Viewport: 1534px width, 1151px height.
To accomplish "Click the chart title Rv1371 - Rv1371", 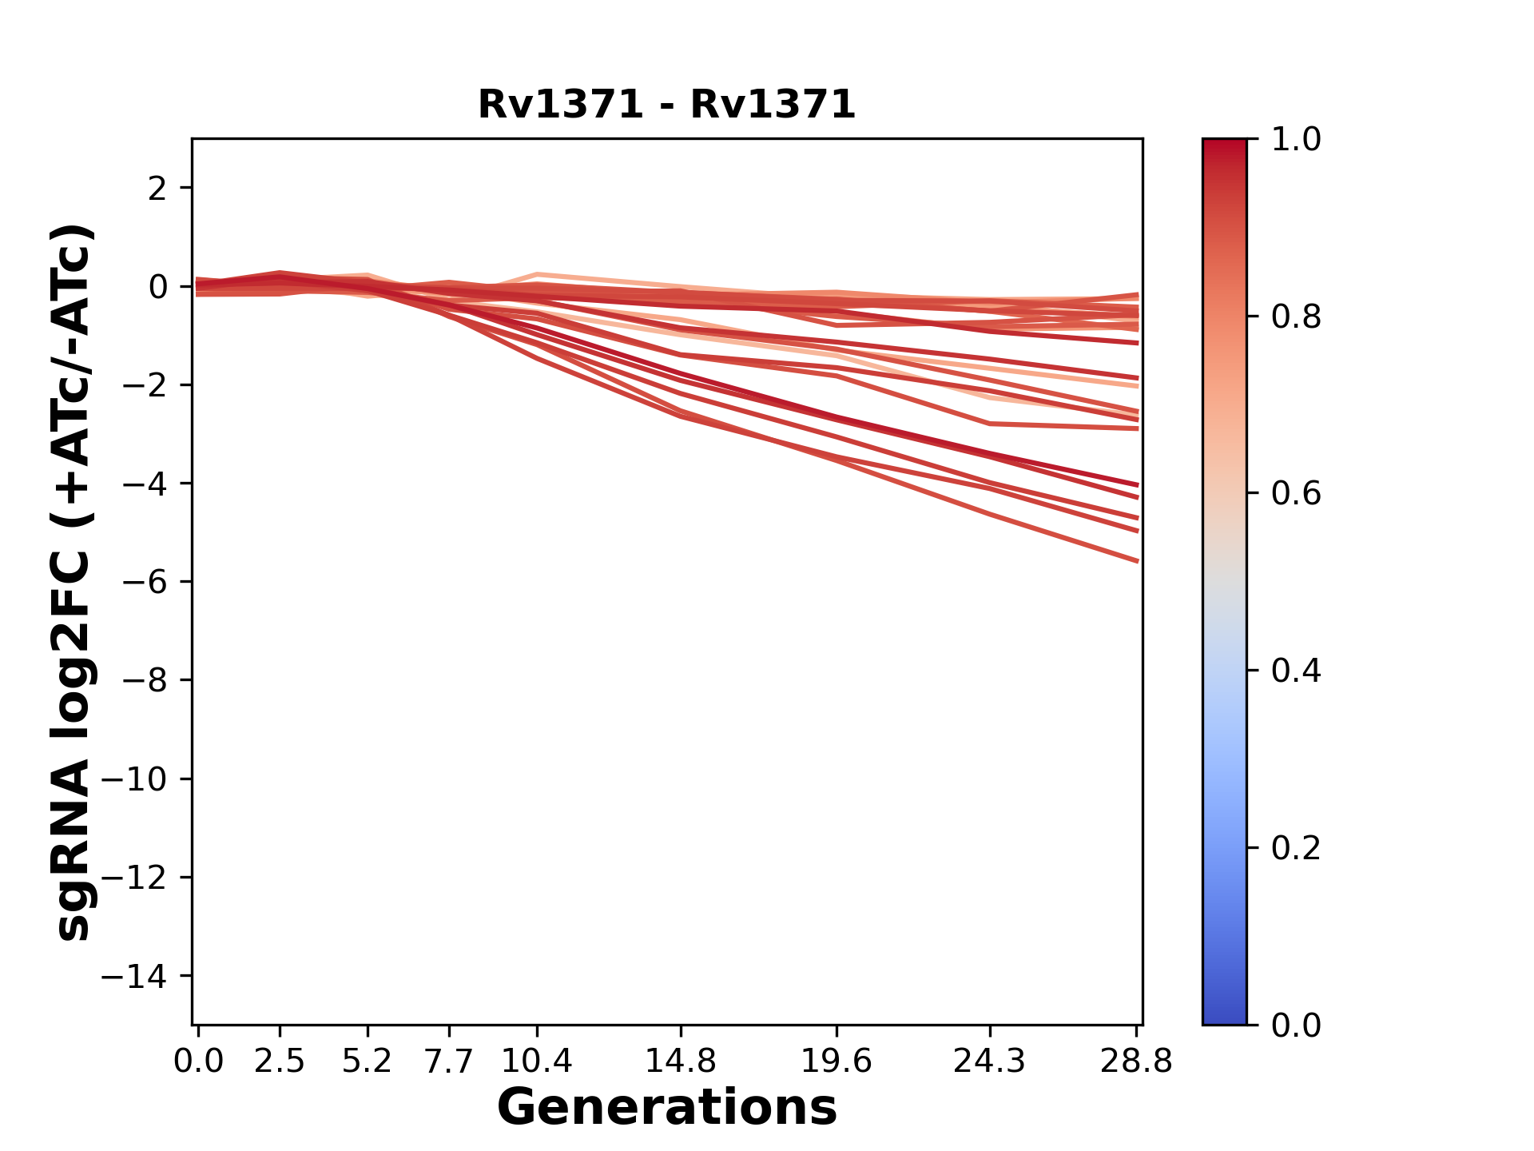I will click(666, 105).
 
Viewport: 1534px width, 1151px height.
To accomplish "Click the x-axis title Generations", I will click(667, 1108).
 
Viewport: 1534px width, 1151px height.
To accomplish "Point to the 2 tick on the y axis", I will click(157, 189).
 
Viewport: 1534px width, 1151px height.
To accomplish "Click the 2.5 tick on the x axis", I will click(280, 1061).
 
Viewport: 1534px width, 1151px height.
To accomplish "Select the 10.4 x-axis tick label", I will click(537, 1061).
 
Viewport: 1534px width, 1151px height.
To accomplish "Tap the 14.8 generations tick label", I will click(681, 1061).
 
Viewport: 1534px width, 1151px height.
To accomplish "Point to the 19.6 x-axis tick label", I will click(837, 1061).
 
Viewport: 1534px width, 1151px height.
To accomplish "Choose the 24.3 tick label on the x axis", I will click(990, 1061).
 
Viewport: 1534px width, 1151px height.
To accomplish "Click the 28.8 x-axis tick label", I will click(1136, 1061).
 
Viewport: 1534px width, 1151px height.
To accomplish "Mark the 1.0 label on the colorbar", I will click(1296, 140).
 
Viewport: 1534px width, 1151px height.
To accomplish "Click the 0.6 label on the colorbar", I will click(1296, 494).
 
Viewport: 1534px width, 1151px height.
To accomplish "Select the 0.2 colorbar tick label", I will click(1296, 848).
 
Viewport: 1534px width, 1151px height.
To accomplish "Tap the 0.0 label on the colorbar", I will click(1296, 1026).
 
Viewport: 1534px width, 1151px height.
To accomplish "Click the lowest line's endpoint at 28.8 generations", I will click(1138, 561).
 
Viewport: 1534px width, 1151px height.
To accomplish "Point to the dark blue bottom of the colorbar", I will click(1224, 1015).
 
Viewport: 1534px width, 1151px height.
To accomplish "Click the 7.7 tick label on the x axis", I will click(449, 1061).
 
